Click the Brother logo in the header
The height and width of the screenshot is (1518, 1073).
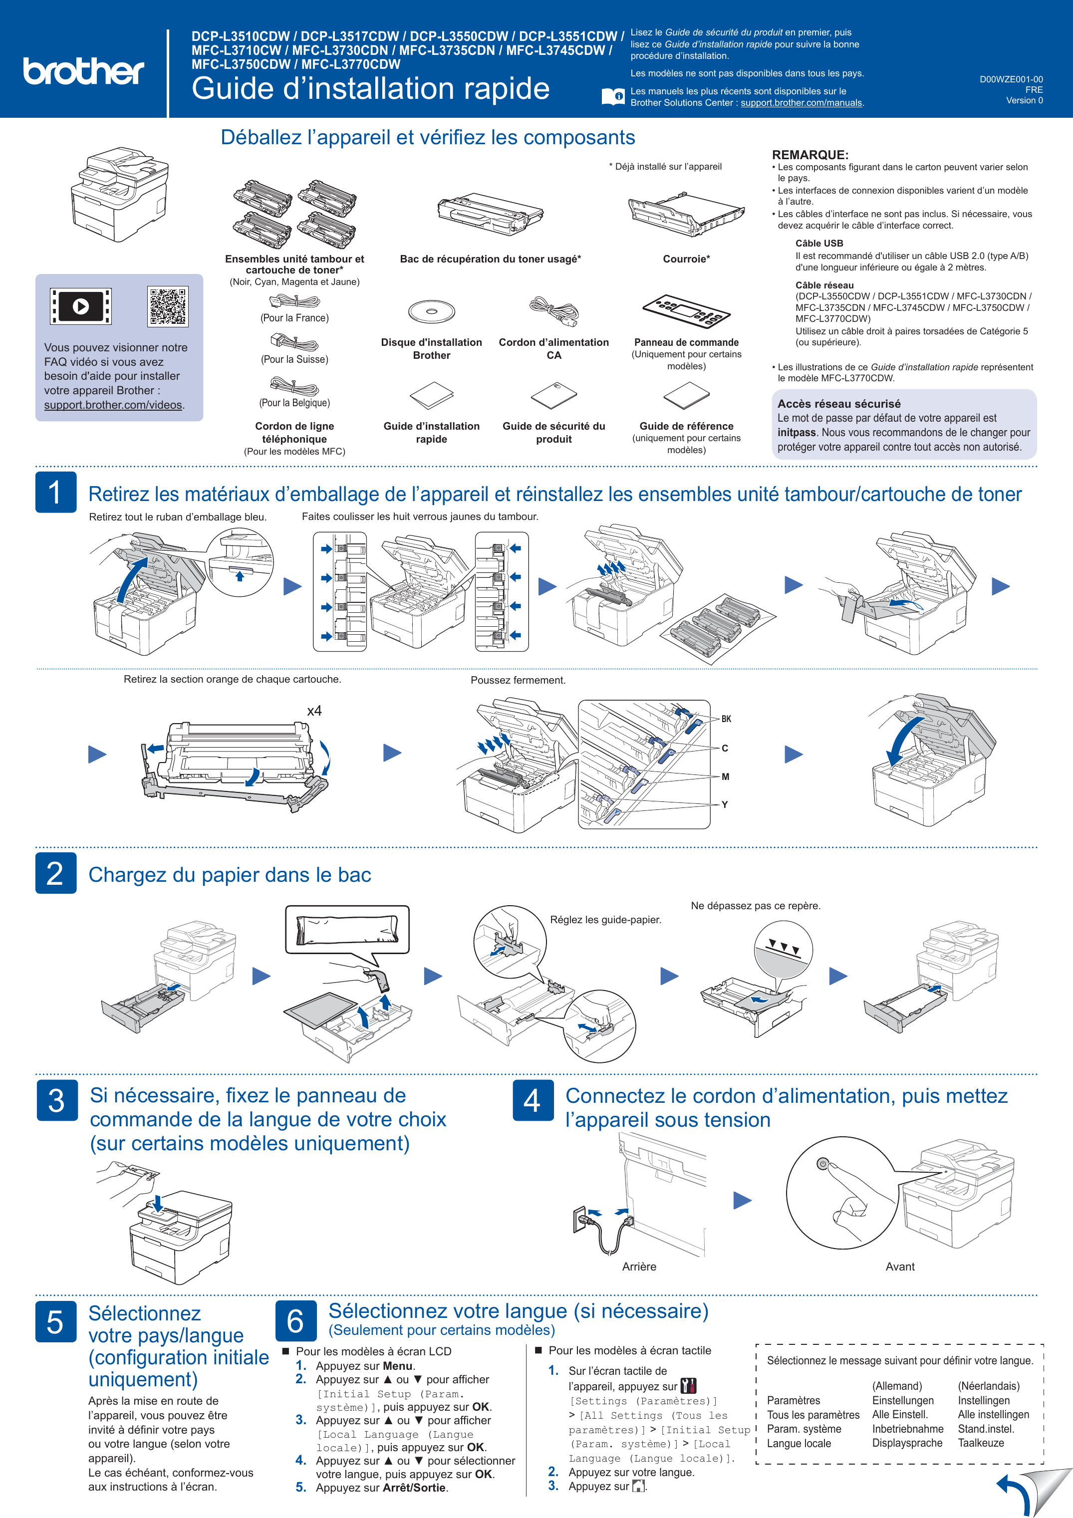(83, 71)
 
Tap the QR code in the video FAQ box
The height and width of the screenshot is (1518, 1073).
(168, 306)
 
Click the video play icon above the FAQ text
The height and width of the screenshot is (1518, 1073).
(81, 306)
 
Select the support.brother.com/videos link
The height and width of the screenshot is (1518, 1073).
(113, 405)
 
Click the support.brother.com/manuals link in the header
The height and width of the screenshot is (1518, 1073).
(802, 102)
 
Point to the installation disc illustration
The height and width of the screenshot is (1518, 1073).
(431, 311)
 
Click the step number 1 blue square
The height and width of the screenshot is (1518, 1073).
(55, 492)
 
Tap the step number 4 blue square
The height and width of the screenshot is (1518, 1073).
(533, 1100)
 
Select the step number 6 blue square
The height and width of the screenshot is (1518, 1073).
(295, 1320)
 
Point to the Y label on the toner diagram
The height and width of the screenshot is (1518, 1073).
(725, 804)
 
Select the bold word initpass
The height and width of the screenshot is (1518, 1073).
(797, 432)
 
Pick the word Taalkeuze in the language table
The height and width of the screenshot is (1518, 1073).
(981, 1443)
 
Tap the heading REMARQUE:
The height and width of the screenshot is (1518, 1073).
(810, 155)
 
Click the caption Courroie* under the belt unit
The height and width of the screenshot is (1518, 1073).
(686, 259)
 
